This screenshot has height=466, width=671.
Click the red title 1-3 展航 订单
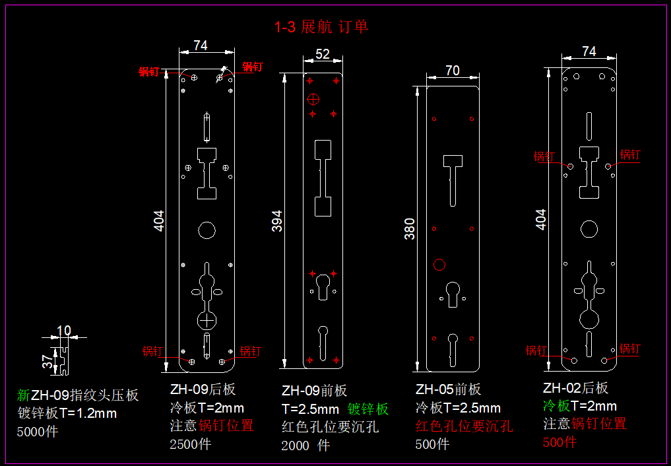[321, 27]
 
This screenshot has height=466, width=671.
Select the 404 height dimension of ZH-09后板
[159, 220]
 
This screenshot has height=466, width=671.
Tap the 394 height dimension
[277, 220]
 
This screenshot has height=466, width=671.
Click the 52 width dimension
[323, 55]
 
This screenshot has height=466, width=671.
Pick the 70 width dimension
[453, 71]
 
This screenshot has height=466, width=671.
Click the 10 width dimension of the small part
[64, 330]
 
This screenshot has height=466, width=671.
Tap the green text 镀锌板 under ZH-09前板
[368, 409]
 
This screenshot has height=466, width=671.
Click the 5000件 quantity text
[37, 432]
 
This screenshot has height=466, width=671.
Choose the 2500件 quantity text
[191, 444]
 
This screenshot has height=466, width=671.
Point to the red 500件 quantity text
[559, 442]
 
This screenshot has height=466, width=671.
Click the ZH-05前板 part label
[448, 389]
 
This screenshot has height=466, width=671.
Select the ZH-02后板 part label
[575, 388]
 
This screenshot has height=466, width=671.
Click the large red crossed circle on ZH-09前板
[314, 100]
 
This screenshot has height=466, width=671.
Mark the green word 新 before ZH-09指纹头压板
[23, 395]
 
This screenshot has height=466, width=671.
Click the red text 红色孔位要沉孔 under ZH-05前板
[464, 426]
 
